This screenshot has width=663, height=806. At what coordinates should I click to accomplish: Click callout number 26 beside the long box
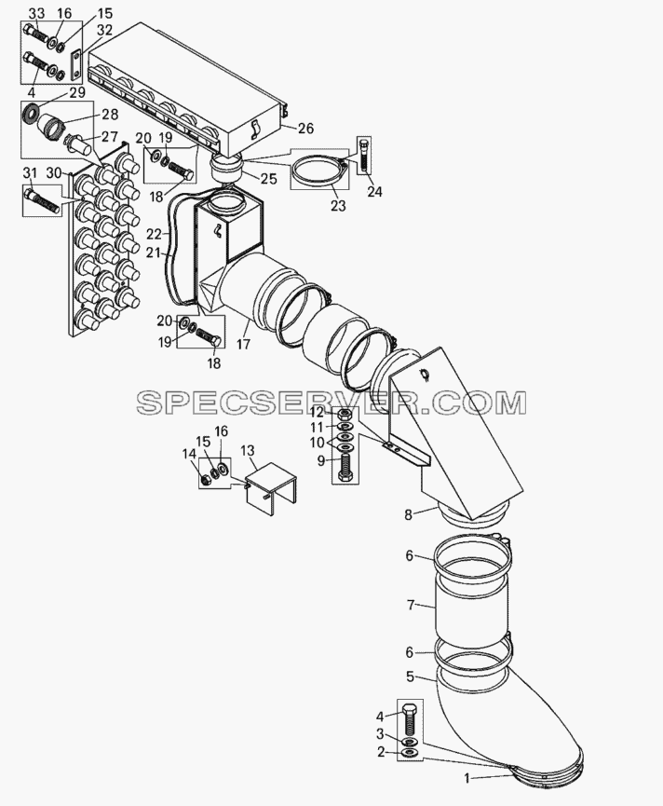pos(305,128)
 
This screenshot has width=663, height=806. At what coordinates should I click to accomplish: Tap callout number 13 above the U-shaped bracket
pos(247,451)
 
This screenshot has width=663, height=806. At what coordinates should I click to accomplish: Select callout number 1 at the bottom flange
pos(467,778)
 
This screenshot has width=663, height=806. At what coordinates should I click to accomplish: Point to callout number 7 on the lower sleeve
pos(411,605)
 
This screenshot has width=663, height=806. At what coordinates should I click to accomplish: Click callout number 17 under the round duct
pos(243,344)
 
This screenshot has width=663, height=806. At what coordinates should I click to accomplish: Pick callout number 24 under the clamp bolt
pos(374,191)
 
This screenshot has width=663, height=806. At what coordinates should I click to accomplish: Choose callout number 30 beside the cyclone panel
pos(54,173)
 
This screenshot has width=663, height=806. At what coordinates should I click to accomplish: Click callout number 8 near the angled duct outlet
pos(408,514)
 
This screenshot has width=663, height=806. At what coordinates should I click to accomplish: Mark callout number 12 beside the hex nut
pos(317,413)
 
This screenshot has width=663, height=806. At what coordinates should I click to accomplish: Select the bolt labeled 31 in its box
pos(42,202)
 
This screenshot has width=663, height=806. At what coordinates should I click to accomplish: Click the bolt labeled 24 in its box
pos(363,156)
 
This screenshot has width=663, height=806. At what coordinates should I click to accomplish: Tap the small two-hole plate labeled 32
pos(76,64)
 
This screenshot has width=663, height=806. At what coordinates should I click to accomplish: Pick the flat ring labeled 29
pos(32,113)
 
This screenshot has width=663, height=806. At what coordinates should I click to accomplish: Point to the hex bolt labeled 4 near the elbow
pos(410,718)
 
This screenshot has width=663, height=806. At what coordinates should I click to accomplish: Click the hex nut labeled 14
pos(205,481)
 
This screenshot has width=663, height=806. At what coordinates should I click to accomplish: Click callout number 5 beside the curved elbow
pos(410,676)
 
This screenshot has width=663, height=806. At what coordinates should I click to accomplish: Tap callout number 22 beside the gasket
pos(154,234)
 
